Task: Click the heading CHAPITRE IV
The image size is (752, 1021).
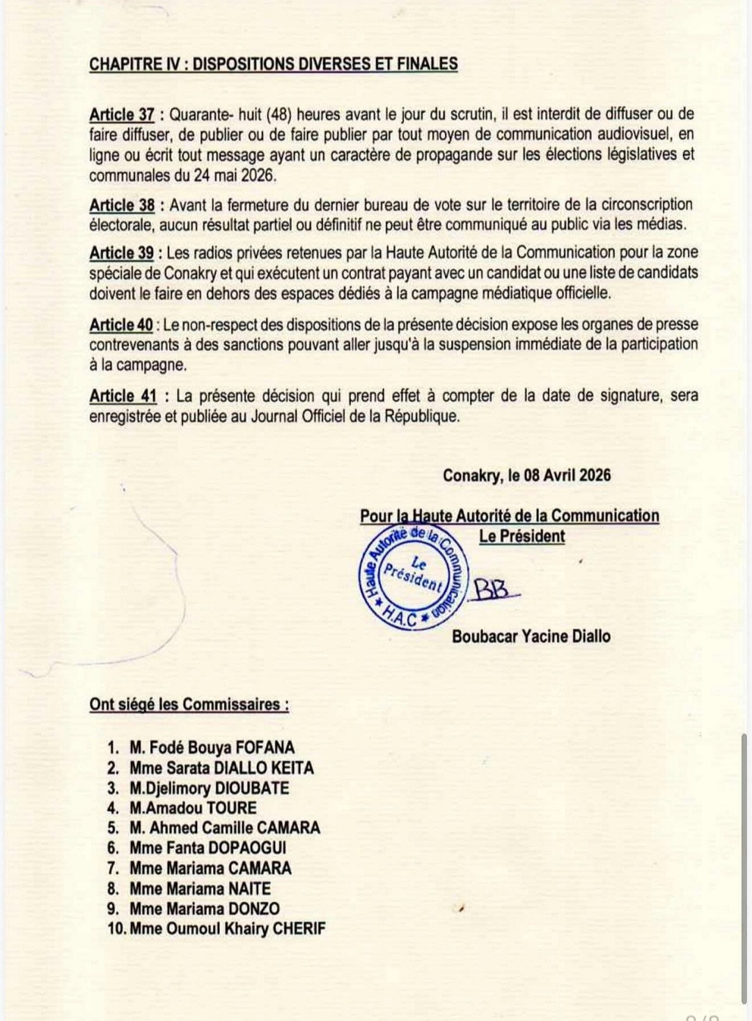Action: (x=273, y=64)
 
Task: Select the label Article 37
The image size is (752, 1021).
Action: (x=122, y=114)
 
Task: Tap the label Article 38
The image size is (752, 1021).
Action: (x=122, y=205)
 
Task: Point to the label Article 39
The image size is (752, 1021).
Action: (x=122, y=252)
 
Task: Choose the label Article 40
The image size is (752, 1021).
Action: (x=121, y=325)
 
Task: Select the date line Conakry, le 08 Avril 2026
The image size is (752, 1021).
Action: (x=526, y=475)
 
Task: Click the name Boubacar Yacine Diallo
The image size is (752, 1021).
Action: (x=531, y=635)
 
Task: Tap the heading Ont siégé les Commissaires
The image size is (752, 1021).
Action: (x=189, y=704)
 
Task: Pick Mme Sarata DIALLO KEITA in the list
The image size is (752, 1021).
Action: (x=221, y=768)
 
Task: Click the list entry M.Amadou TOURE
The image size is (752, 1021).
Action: (x=193, y=808)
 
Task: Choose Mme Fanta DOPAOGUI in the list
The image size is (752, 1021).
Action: (x=207, y=848)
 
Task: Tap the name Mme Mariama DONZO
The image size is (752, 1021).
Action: (x=204, y=909)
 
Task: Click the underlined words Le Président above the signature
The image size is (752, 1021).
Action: (x=522, y=536)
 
